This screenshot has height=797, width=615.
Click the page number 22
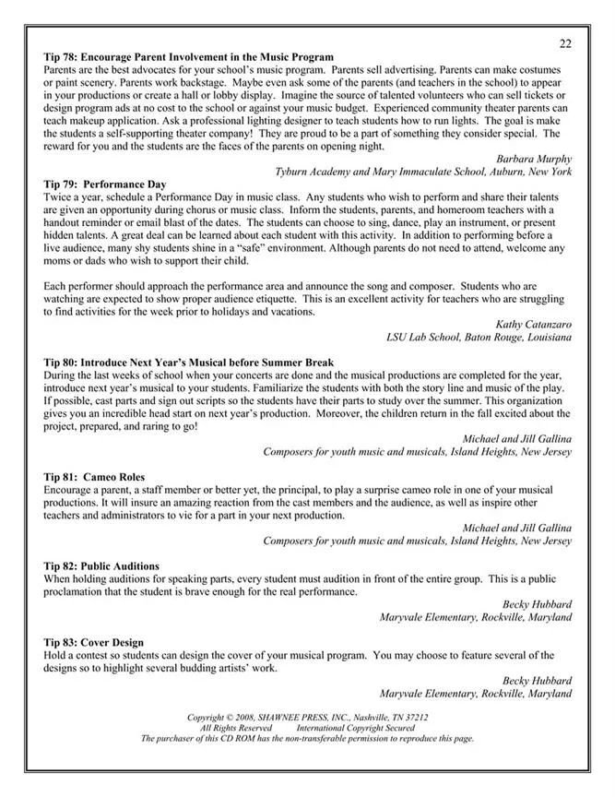point(564,43)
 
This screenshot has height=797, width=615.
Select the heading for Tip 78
point(188,57)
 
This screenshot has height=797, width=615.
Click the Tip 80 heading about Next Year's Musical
point(188,363)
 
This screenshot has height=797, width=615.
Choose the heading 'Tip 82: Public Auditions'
point(101,566)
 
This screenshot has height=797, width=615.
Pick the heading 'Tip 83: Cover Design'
point(93,642)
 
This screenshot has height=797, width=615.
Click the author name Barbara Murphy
point(534,159)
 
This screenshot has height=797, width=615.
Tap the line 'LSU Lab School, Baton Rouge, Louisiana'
point(479,337)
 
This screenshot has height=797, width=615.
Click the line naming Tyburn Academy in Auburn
point(423,172)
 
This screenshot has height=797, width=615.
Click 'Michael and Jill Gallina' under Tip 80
point(516,439)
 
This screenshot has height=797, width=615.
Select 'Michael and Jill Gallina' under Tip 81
point(516,528)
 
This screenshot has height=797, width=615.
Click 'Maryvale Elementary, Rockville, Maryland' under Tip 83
point(475,693)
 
